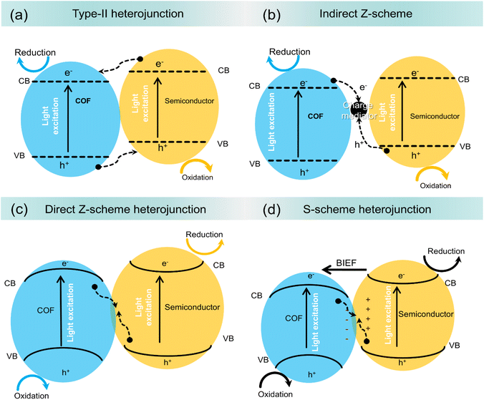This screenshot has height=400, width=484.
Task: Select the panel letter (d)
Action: coord(254,210)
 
